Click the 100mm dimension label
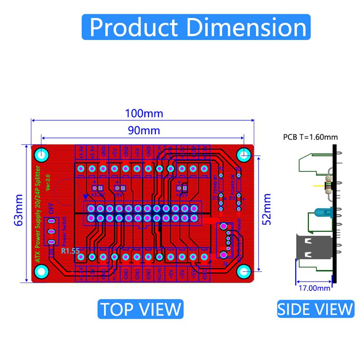tap(144, 113)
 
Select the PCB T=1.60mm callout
tap(310, 137)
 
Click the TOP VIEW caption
tap(140, 309)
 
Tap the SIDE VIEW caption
tap(315, 309)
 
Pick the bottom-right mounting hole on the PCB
tap(243, 271)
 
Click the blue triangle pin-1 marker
tap(85, 197)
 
